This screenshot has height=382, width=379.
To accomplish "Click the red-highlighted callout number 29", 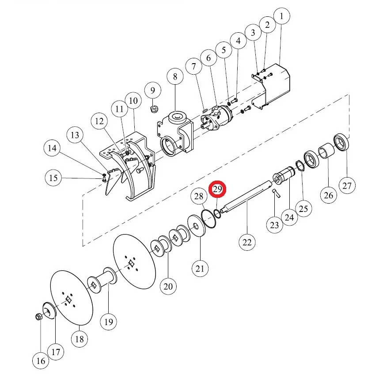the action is [217, 189].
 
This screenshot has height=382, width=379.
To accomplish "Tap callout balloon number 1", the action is [282, 16].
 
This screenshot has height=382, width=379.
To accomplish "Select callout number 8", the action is [175, 77].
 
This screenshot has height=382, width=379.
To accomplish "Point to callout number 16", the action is [41, 361].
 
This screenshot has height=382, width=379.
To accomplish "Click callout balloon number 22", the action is [247, 242].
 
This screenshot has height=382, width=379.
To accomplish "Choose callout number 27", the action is [347, 186].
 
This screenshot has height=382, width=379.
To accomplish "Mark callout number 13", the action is [75, 135].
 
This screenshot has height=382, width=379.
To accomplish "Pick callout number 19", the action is [109, 322].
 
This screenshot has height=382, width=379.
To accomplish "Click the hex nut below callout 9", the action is [154, 109].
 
